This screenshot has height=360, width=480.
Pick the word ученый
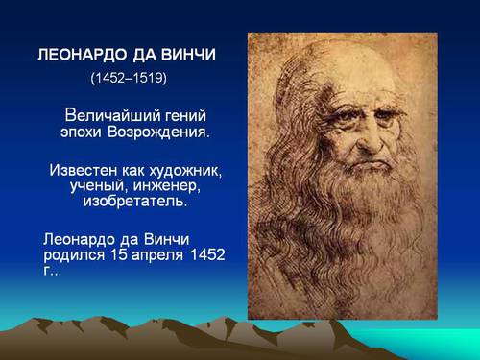point(98,186)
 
